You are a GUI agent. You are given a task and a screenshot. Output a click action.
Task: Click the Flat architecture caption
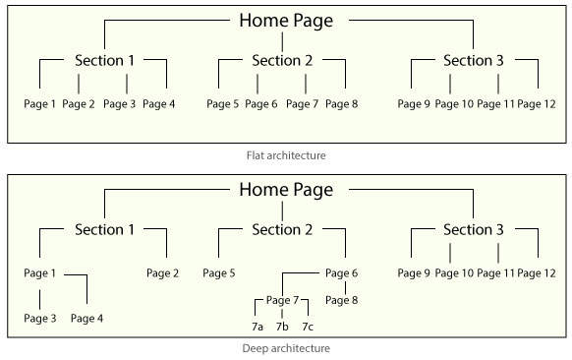tap(286, 155)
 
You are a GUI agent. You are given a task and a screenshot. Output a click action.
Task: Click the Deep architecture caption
tap(286, 348)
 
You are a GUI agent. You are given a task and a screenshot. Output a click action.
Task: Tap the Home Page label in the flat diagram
tap(286, 20)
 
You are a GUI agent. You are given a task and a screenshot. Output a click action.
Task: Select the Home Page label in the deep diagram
tap(286, 189)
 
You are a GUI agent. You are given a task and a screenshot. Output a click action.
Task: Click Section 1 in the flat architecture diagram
tap(104, 61)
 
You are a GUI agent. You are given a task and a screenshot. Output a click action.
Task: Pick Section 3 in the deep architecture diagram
tap(474, 229)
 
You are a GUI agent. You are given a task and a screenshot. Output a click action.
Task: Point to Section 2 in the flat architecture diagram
tap(282, 61)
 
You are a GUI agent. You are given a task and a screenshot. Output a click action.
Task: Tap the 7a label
tap(257, 326)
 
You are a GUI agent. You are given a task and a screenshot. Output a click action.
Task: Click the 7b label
tap(282, 326)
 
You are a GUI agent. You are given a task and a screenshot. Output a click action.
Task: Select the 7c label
tap(308, 326)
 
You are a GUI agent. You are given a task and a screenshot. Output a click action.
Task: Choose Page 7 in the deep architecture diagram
tap(282, 300)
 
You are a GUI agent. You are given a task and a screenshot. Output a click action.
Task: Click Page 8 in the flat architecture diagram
tap(341, 103)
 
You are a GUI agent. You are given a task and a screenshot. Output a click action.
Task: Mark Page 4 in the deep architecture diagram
tap(86, 318)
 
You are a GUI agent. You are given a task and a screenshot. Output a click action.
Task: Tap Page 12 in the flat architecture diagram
tap(537, 103)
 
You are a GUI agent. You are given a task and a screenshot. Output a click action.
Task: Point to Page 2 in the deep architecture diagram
tap(163, 272)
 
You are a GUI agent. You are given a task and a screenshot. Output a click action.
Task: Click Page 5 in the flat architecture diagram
tap(223, 103)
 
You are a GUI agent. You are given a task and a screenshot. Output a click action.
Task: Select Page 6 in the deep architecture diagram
tap(341, 272)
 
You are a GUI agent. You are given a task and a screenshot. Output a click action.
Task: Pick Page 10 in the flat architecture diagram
tap(453, 103)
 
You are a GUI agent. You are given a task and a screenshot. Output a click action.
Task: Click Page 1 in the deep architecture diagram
tap(39, 272)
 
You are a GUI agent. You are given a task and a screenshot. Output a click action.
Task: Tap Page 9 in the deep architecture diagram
tap(414, 272)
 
